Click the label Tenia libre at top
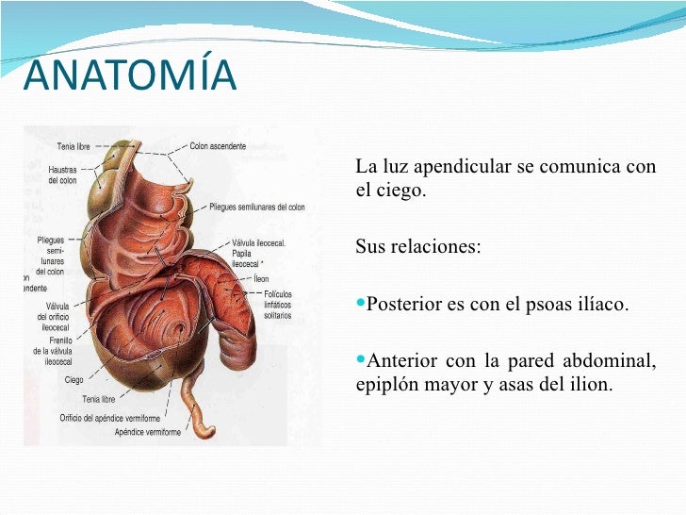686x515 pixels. pos(73,146)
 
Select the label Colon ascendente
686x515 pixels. pos(218,146)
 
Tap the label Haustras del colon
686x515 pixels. pos(62,174)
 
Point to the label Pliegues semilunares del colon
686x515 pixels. pos(256,207)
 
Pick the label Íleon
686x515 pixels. pos(261,279)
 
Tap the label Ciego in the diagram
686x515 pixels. pos(73,380)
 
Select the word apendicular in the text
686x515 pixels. pos(456,168)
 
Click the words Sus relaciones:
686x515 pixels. pos(417,247)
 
